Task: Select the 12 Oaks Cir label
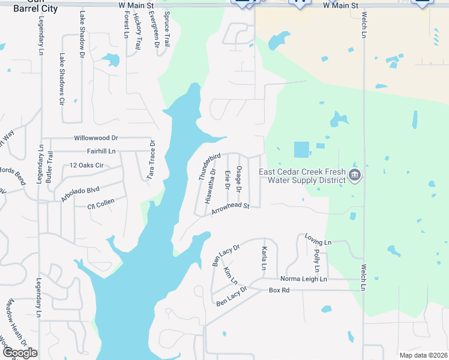click(x=87, y=165)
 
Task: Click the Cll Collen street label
click(x=101, y=203)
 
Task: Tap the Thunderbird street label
click(x=206, y=167)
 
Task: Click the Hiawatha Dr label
click(x=211, y=186)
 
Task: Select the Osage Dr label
click(x=238, y=179)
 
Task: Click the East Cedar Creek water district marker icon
click(x=355, y=175)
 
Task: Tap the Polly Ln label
click(x=316, y=262)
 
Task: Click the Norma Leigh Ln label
click(x=304, y=279)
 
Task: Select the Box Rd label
click(x=279, y=290)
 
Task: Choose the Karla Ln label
click(x=264, y=258)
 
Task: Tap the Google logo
click(x=20, y=353)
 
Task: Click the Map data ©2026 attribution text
click(x=423, y=355)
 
